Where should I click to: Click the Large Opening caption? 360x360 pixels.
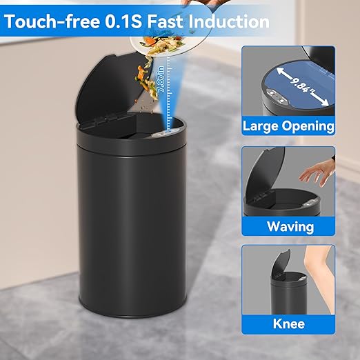[x=288, y=126]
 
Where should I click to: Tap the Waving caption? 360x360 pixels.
[x=290, y=226]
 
